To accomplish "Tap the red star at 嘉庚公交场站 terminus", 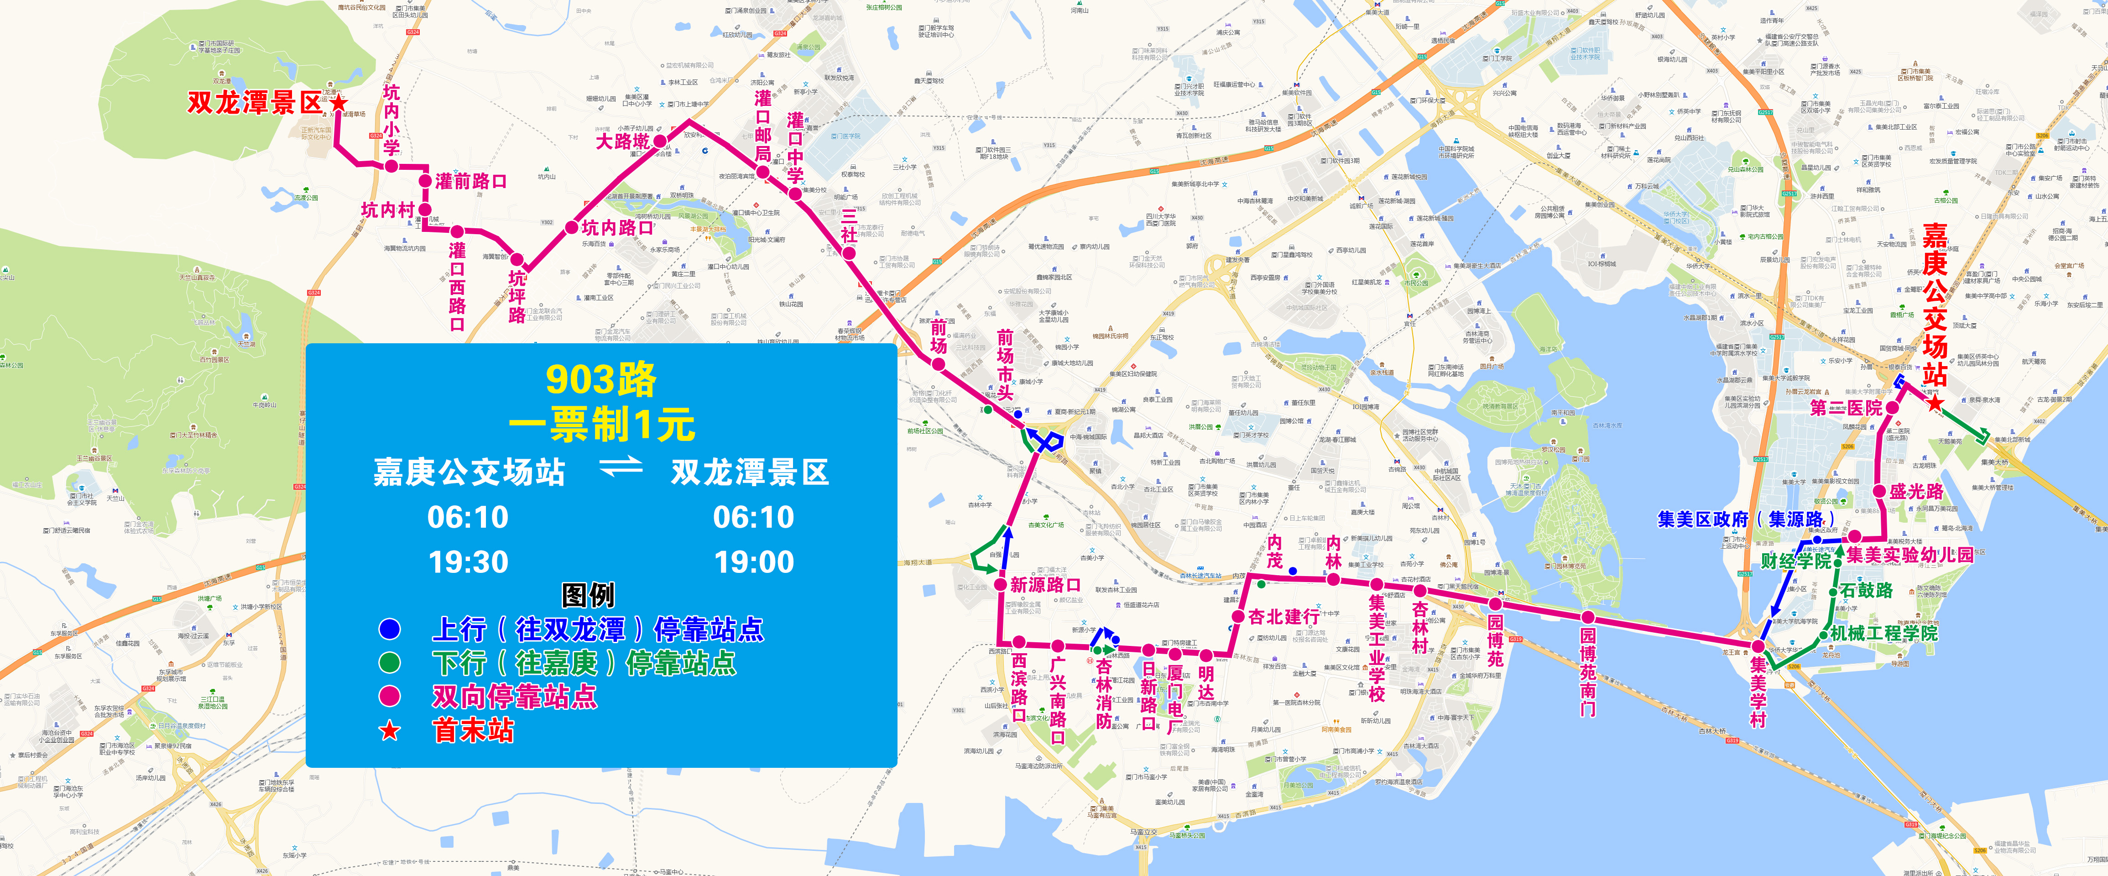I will (1935, 403).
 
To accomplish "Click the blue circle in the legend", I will (390, 629).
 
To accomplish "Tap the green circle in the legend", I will (390, 662).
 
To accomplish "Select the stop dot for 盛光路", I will (1880, 491).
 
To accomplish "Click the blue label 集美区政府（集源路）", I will (1745, 519).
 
